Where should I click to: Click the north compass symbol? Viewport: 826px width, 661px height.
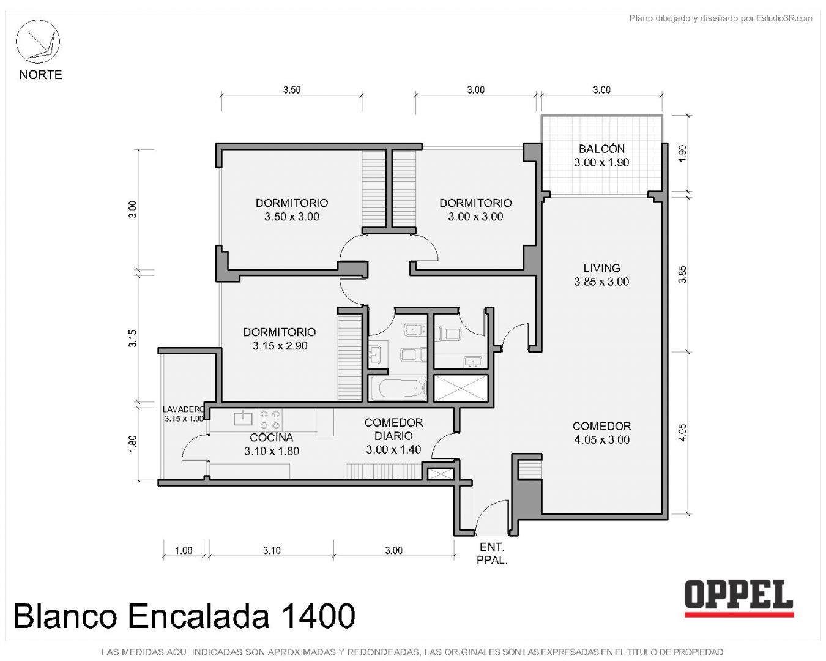pos(37,42)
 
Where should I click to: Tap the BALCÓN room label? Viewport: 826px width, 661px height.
pos(601,149)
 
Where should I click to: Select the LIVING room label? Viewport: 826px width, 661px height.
pos(601,267)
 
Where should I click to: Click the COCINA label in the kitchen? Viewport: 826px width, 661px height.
pos(272,437)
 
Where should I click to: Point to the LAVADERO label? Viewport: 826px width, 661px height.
pos(183,409)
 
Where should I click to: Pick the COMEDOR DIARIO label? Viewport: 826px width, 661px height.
pos(393,429)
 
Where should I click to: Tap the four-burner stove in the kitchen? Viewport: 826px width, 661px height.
pos(270,420)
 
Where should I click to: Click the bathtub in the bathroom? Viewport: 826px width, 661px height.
pos(397,388)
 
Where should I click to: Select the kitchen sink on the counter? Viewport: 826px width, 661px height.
pos(243,417)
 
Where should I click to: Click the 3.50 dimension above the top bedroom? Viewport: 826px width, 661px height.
pos(292,90)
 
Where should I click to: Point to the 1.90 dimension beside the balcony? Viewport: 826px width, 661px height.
pos(682,153)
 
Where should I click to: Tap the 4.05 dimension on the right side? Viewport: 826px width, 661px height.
pos(682,433)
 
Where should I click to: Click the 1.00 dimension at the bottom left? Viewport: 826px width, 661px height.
pos(184,550)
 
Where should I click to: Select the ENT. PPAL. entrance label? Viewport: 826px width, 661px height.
pos(492,553)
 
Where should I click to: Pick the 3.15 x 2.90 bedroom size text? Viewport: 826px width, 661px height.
pos(280,346)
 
